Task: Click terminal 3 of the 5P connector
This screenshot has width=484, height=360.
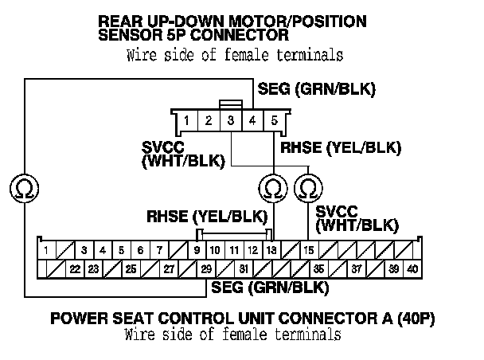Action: (230, 122)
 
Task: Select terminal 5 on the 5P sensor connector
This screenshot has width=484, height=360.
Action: (274, 122)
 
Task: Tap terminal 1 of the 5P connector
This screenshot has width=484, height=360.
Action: (185, 122)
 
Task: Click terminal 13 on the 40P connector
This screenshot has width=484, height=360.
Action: (271, 251)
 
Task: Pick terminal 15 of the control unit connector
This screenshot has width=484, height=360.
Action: (309, 251)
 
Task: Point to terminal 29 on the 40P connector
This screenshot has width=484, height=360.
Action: (205, 269)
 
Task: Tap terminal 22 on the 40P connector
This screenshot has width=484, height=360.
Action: (74, 269)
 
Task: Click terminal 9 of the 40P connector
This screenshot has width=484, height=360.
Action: (196, 251)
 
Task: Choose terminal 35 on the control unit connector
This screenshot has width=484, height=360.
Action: (318, 269)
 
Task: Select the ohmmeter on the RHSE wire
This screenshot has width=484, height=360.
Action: (273, 188)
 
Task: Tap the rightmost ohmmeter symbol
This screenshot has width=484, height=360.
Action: (307, 188)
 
